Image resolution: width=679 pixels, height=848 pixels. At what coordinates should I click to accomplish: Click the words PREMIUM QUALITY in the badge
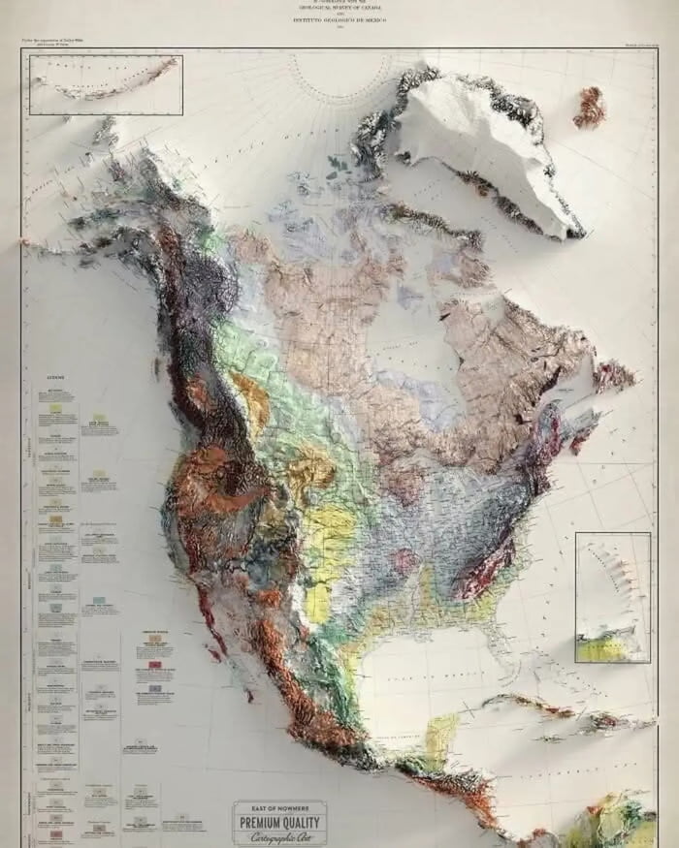click(x=279, y=824)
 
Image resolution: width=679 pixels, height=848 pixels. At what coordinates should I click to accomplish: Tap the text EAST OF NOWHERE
click(x=279, y=808)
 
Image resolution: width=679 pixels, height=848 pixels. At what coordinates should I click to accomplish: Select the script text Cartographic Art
click(x=279, y=838)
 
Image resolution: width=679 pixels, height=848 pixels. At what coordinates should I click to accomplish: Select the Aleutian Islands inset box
click(x=106, y=84)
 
